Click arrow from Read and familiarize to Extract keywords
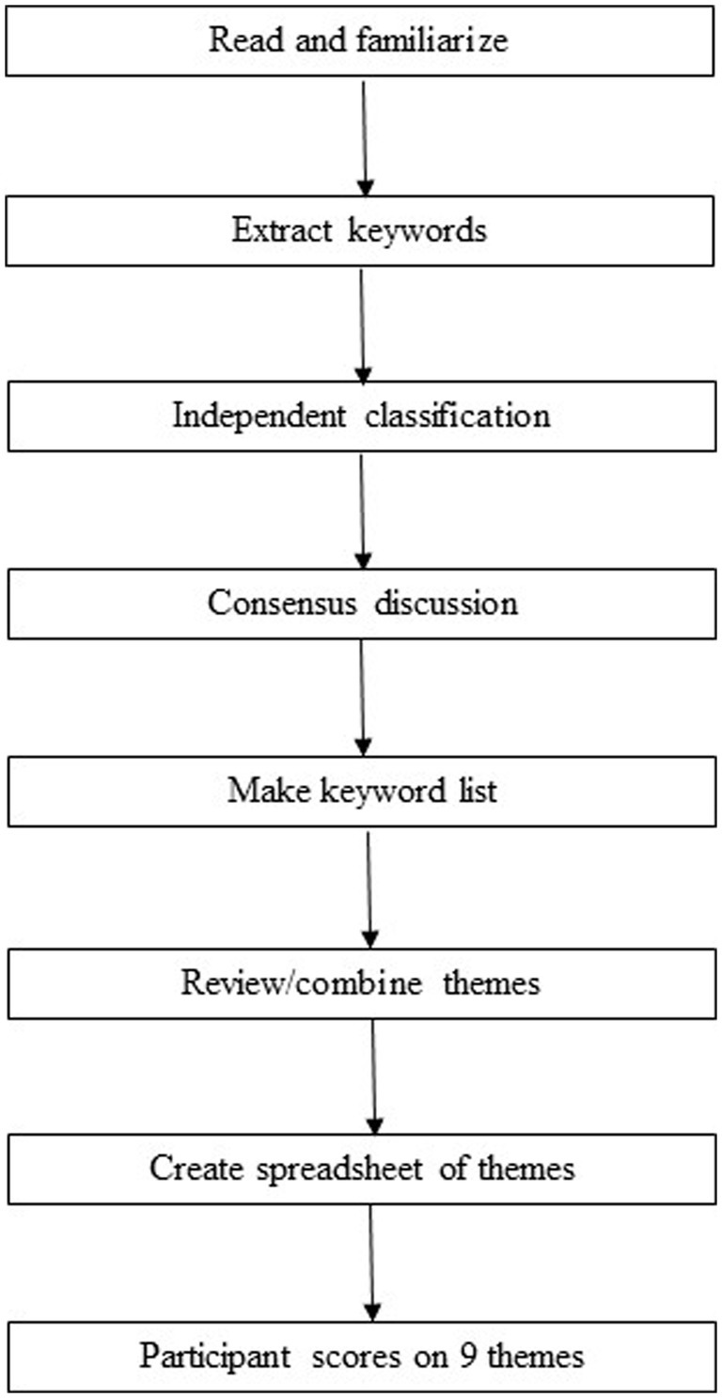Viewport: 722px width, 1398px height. click(x=363, y=137)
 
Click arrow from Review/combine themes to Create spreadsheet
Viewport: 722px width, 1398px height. click(x=374, y=1076)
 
